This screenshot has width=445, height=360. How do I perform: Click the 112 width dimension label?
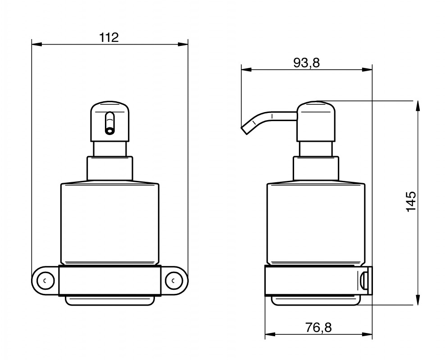click(x=109, y=37)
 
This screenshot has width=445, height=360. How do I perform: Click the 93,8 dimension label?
click(x=307, y=63)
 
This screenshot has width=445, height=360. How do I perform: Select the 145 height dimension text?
click(x=411, y=202)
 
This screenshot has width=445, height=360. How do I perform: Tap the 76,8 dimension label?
click(x=318, y=328)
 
